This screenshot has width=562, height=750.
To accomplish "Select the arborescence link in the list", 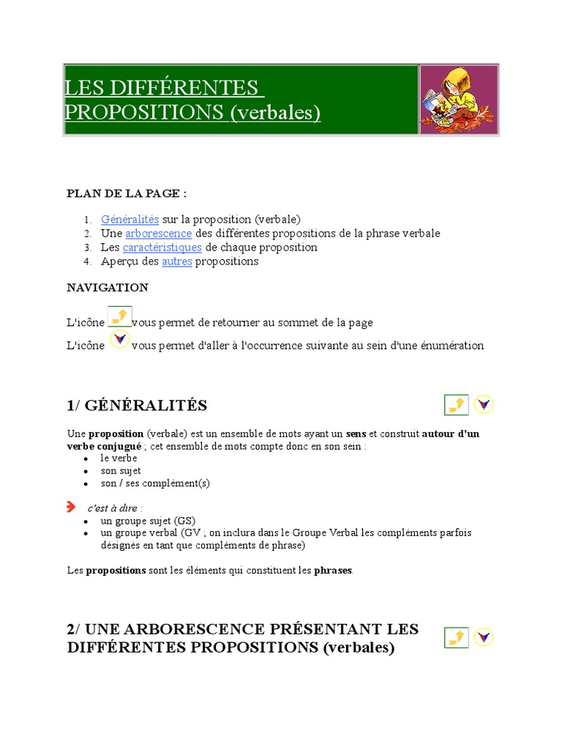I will click(x=158, y=233).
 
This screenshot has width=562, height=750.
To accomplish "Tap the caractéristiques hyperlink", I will click(x=162, y=247).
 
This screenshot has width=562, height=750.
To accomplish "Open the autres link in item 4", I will click(x=176, y=261).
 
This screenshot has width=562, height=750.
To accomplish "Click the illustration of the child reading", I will click(x=459, y=100).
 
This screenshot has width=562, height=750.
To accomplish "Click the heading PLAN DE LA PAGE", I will click(x=127, y=193).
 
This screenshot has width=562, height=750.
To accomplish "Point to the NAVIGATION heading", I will click(x=108, y=287).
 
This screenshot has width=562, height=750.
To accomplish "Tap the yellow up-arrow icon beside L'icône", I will click(x=119, y=316).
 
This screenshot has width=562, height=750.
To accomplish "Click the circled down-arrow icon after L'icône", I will click(x=119, y=340).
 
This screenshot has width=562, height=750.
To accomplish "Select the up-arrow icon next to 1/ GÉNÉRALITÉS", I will click(x=457, y=404).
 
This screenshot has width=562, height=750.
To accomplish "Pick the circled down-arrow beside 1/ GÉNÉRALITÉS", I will click(x=484, y=404).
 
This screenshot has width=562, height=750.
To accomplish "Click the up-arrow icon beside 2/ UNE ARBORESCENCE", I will click(x=457, y=637).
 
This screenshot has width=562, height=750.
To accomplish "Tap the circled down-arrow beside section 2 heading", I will click(x=483, y=637).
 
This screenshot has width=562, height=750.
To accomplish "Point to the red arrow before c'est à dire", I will click(x=71, y=507).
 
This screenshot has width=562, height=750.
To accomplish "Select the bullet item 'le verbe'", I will click(x=119, y=458).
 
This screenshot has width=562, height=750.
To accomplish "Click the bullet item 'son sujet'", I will click(x=121, y=471).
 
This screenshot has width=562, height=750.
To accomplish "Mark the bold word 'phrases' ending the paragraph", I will click(x=333, y=570).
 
